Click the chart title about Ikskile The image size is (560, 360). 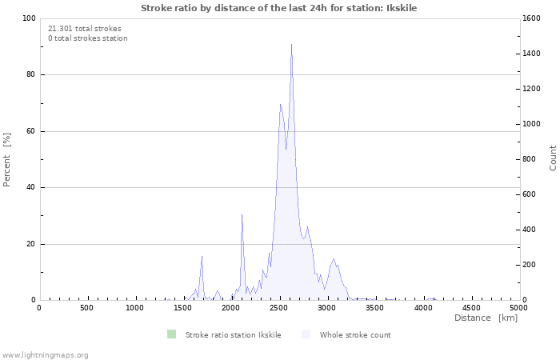pos(278,8)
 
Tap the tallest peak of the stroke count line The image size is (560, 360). pos(291,45)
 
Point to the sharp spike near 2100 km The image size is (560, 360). pos(242,214)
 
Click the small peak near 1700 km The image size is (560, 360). pos(202,256)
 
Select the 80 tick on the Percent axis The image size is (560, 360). pos(30,75)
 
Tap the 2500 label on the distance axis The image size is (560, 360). pos(279,308)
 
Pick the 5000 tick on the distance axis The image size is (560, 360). pos(519,308)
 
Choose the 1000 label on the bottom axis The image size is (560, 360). pos(135,308)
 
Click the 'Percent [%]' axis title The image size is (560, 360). pos(7,159)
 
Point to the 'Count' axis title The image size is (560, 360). pos(553,158)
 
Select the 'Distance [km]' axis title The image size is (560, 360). pos(486,318)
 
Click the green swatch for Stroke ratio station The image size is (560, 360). pos(171,334)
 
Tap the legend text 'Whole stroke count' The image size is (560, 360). pos(354,335)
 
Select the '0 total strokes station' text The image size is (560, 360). pos(87,38)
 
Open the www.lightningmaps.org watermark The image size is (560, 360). pos(45,354)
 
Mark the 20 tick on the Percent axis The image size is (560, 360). pos(30,244)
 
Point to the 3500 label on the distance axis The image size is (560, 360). pos(375,308)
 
